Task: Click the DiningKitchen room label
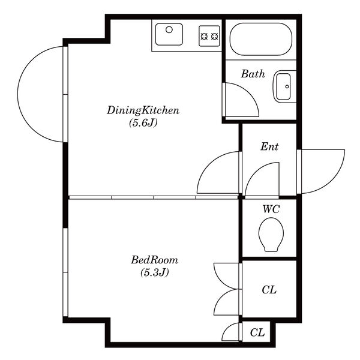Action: [x=143, y=110]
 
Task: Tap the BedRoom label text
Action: [x=155, y=260]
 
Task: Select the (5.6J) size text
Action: [x=143, y=123]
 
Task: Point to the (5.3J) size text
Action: [x=155, y=272]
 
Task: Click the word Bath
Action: [x=253, y=74]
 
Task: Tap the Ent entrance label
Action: [x=269, y=147]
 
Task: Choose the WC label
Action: [x=271, y=209]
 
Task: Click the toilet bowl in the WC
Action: [x=271, y=235]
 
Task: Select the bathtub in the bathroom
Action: [x=261, y=39]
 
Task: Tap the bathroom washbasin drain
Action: [x=287, y=86]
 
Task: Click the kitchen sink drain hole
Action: [x=169, y=29]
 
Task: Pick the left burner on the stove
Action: [x=204, y=36]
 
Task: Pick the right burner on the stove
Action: [x=214, y=36]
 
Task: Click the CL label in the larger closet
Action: [x=269, y=290]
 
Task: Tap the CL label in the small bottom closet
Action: [x=257, y=332]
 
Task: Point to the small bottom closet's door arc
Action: [x=227, y=328]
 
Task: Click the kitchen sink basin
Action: [x=169, y=34]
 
